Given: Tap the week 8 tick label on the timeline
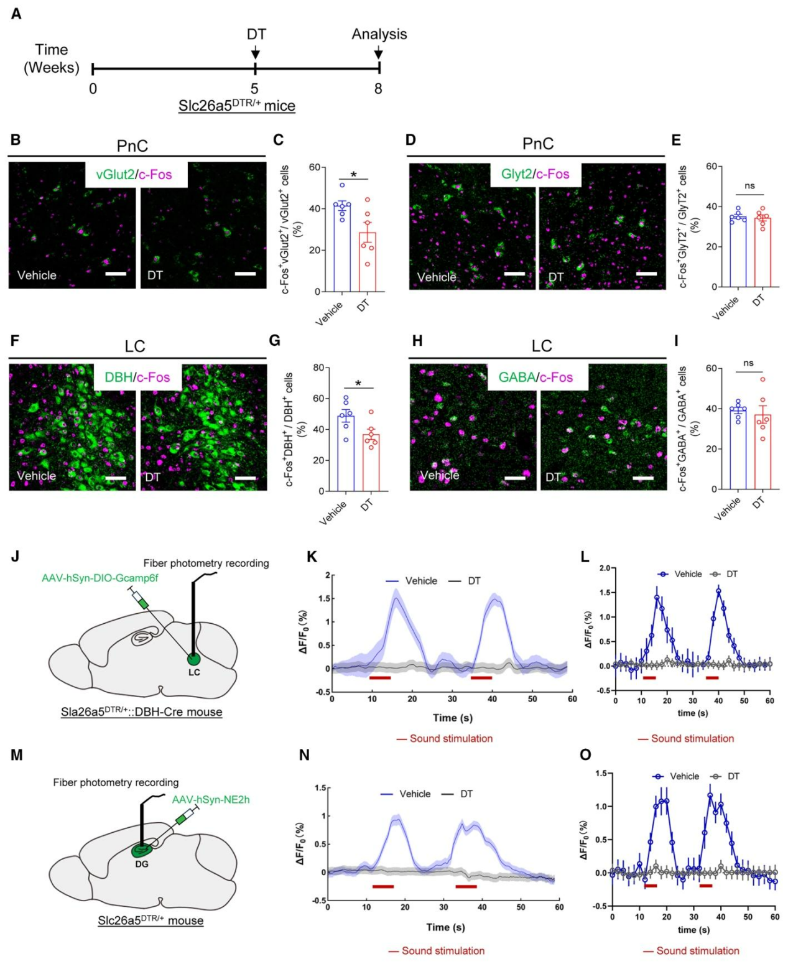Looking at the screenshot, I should (378, 89).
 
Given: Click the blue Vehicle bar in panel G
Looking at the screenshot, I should (346, 453).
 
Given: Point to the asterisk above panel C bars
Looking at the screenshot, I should (354, 175).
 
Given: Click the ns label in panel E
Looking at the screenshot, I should (749, 186).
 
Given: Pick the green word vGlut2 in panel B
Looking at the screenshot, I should (115, 175).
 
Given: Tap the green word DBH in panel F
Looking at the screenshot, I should (118, 377).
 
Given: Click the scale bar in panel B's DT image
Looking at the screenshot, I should (245, 274).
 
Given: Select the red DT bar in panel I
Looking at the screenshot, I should (763, 452).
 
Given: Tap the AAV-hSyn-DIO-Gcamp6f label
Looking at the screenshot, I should (100, 578).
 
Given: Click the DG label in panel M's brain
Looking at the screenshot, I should (142, 864).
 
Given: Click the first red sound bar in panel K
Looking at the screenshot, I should (380, 677).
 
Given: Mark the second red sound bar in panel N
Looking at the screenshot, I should (466, 886).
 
